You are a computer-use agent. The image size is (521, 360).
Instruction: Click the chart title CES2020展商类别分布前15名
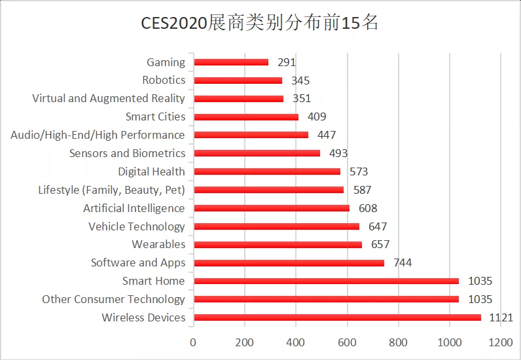point(260,23)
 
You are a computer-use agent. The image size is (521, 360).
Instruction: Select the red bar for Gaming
point(231,62)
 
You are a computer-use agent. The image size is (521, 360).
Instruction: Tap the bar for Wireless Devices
point(337,317)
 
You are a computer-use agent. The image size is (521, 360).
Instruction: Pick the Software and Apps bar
point(289,262)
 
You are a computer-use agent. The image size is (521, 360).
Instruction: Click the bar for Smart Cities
point(246,117)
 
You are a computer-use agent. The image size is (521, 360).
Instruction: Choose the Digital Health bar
point(267,171)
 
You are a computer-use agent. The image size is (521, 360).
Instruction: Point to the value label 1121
point(501,318)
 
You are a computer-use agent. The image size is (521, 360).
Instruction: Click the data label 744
point(403,263)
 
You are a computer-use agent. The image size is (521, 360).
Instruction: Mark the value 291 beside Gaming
point(286,63)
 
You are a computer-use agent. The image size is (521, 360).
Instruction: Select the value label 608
point(368,209)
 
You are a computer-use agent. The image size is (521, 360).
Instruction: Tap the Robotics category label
point(164,81)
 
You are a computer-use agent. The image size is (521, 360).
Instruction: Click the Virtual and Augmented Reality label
point(109,99)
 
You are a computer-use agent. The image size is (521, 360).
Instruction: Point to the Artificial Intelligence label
point(134,208)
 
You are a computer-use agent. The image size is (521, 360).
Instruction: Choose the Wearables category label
point(158,245)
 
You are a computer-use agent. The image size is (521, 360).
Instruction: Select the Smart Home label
point(154,281)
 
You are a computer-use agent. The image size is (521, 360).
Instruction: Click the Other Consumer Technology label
point(114,300)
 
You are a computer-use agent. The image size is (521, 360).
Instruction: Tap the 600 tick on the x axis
point(347,342)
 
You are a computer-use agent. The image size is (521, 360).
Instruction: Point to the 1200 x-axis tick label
point(501,342)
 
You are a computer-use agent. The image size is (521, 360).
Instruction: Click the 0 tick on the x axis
point(193,342)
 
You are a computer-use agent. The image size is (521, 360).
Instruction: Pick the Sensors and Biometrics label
point(127,154)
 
